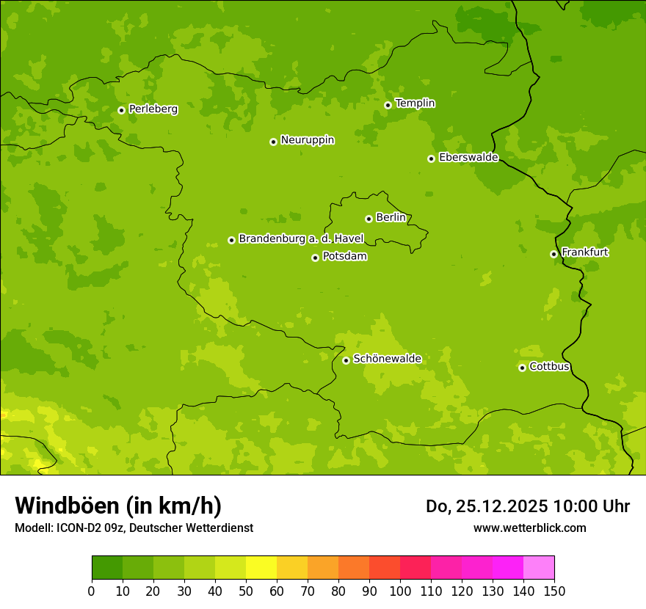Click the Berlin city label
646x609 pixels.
coord(391,218)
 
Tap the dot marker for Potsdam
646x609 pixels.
coord(316,258)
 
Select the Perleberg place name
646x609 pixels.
coord(153,109)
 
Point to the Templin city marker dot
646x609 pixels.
coord(388,105)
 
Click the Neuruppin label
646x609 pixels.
coord(307,140)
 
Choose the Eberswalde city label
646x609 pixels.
coord(468,158)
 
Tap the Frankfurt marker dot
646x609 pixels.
coord(554,254)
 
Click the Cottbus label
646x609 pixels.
coord(549,367)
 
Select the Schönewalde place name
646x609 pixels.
coord(387,359)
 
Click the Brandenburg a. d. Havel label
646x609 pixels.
coord(301,239)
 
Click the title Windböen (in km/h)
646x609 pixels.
coord(118,506)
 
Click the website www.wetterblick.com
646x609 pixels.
coord(529,528)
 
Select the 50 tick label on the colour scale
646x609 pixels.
coord(246,591)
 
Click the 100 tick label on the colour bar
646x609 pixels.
coord(400,591)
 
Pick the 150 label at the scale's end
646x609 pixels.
coord(554,591)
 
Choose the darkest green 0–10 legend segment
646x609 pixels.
coord(107,568)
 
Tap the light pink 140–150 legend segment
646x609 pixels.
coord(539,568)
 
